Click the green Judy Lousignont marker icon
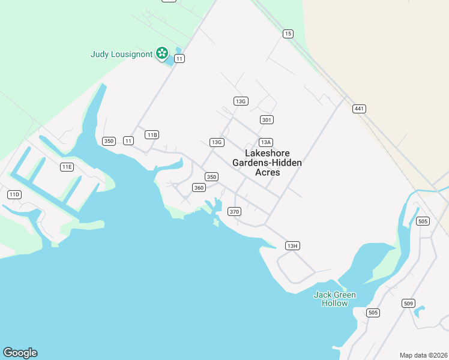click(x=161, y=53)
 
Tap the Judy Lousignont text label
click(x=122, y=54)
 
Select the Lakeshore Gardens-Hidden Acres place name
click(x=267, y=163)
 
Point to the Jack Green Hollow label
click(x=335, y=299)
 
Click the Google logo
click(x=20, y=353)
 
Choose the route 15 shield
click(x=289, y=34)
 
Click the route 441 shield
click(x=360, y=109)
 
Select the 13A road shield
click(x=266, y=142)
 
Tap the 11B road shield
click(x=152, y=135)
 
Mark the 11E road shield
click(x=67, y=167)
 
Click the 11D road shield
click(x=14, y=194)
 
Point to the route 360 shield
click(x=199, y=188)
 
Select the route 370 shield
click(x=234, y=212)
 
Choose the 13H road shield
click(x=292, y=246)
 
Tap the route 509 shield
click(x=409, y=304)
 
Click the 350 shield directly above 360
click(x=211, y=177)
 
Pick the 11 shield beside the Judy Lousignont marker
click(x=179, y=59)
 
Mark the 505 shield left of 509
click(x=373, y=313)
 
